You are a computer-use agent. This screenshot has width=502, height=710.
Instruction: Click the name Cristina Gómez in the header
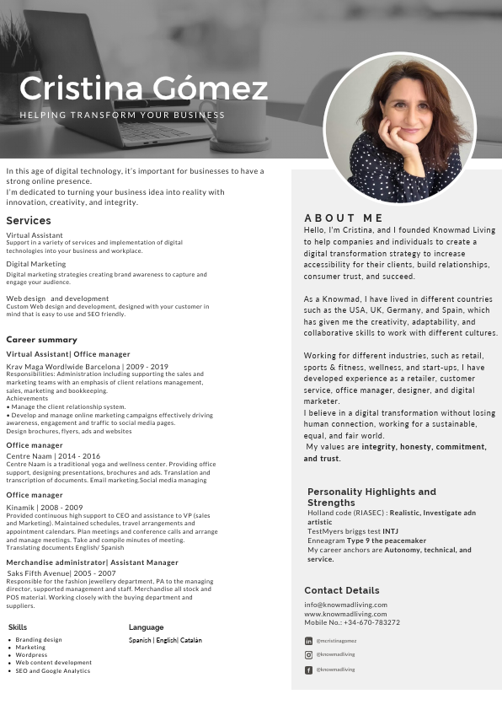pos(143,89)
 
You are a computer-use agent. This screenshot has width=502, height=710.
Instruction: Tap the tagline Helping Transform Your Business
pos(122,115)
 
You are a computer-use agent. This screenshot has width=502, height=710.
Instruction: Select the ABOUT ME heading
pos(344,218)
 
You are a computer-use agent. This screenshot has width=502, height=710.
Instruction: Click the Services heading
pos(29,221)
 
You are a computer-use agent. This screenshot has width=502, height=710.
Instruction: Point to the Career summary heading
pos(42,340)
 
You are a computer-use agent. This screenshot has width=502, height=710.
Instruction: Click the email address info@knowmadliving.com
pos(345,605)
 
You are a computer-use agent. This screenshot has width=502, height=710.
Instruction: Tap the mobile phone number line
pos(352,622)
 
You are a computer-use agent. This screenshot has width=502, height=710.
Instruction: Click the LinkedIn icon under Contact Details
pos(308,641)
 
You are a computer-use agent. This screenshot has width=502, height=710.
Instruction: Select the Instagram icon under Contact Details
pos(308,654)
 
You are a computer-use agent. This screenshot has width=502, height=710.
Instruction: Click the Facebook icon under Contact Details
pos(308,670)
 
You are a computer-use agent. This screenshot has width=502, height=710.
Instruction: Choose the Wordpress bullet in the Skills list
pos(32,655)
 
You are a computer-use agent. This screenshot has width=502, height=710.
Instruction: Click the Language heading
pos(146,627)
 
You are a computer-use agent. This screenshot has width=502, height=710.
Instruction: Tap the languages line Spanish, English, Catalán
pos(165,640)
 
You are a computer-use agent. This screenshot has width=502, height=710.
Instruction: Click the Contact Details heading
pos(342,590)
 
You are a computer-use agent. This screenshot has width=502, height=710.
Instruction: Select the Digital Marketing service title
pos(35,264)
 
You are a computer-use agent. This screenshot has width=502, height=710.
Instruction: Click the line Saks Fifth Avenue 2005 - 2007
pos(61,573)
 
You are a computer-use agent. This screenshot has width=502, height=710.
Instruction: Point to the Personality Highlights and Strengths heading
pos(371,497)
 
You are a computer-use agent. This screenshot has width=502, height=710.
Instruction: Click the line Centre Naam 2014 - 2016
pos(53,455)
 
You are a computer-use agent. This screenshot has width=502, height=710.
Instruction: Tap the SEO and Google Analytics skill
pos(53,671)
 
